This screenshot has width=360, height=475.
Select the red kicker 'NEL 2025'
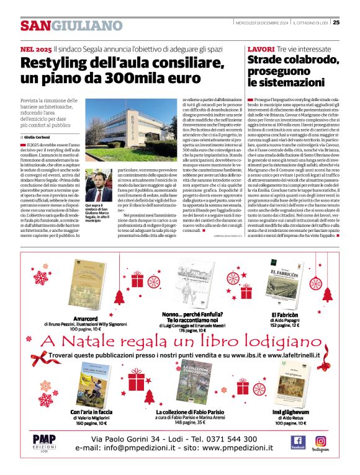pyautogui.click(x=35, y=48)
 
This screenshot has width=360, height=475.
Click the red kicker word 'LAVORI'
pyautogui.click(x=261, y=48)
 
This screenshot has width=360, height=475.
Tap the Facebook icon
pyautogui.click(x=298, y=441)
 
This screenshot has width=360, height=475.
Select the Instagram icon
pyautogui.click(x=320, y=441)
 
